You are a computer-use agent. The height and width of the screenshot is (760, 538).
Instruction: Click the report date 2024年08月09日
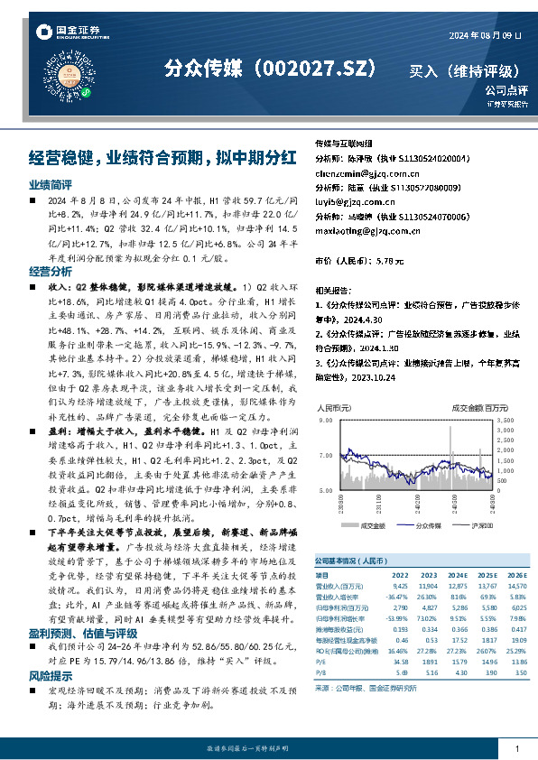click(486, 34)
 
